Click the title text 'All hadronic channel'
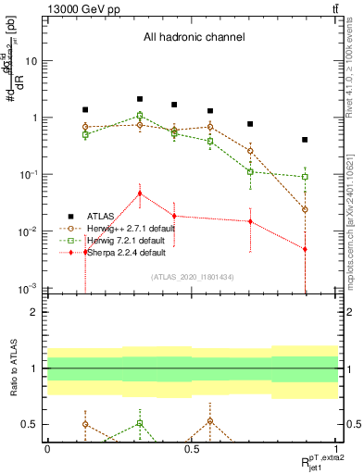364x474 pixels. (193, 38)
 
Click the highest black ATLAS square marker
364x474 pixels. (140, 98)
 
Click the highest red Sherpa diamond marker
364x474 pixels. (140, 193)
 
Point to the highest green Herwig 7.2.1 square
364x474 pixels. (140, 116)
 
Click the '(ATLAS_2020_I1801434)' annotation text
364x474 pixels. (191, 276)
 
